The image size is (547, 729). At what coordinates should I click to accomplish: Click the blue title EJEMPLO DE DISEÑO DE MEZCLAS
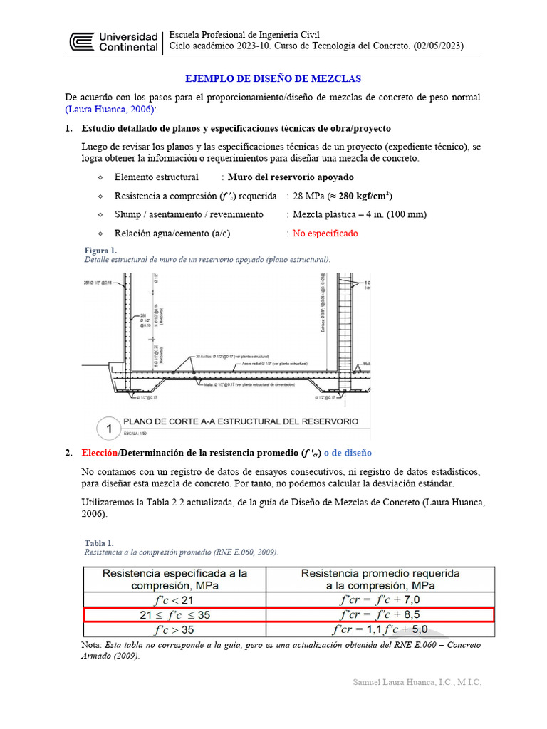pyautogui.click(x=273, y=78)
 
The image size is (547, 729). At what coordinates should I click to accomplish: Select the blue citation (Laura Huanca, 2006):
pyautogui.click(x=110, y=110)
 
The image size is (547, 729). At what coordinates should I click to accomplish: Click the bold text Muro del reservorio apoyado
pyautogui.click(x=290, y=177)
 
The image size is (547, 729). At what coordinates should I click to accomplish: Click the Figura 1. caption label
pyautogui.click(x=100, y=251)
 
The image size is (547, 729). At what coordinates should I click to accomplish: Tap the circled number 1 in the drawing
pyautogui.click(x=109, y=429)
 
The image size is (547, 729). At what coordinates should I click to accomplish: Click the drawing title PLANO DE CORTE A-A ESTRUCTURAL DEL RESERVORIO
pyautogui.click(x=241, y=421)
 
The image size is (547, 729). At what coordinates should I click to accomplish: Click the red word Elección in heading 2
pyautogui.click(x=99, y=453)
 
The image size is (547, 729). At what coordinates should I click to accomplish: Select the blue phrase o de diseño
pyautogui.click(x=348, y=453)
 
